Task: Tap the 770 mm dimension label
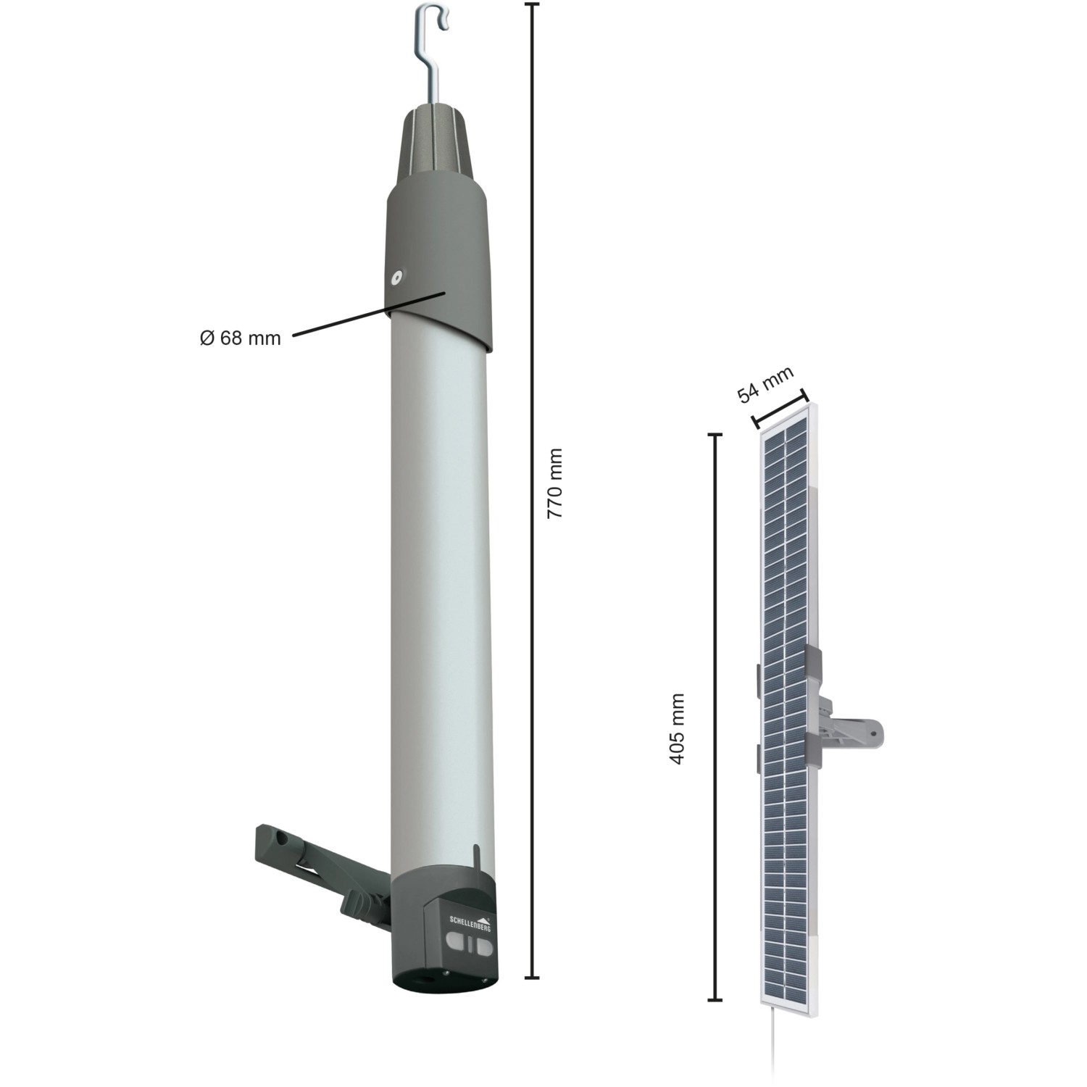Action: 555,483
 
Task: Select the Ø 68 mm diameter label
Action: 240,338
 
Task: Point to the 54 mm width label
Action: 765,385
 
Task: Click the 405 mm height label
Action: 677,728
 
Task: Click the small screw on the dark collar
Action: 396,276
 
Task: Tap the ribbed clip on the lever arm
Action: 356,901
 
